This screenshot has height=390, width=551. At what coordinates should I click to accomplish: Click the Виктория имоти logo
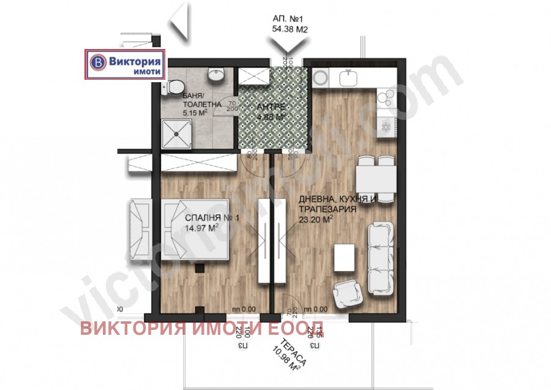point(125,64)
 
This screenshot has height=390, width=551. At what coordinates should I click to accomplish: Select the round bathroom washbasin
point(215,75)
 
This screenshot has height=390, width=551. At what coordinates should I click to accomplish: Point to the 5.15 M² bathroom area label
point(195,113)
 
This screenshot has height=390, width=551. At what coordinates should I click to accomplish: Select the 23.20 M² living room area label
point(316,218)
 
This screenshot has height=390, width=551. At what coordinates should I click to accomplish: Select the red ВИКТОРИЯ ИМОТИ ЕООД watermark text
point(202,329)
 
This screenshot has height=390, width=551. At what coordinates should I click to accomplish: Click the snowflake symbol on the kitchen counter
point(386,127)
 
